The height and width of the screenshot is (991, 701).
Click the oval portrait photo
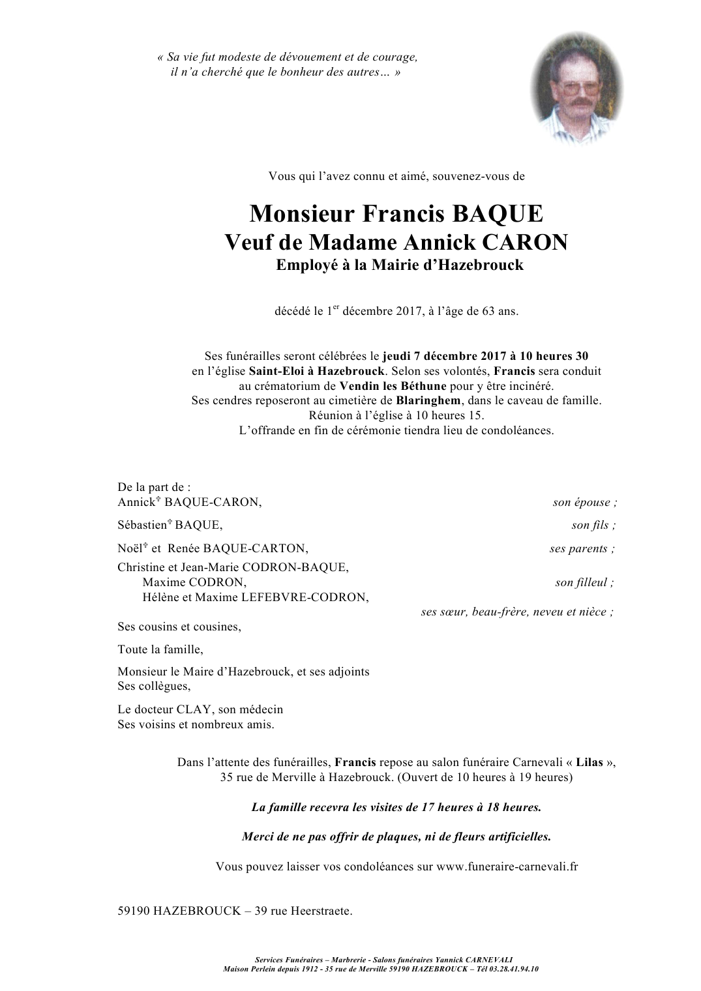[x=576, y=89]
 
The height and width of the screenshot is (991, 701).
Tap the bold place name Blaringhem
[x=428, y=400]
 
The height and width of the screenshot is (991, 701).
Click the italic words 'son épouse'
[x=582, y=502]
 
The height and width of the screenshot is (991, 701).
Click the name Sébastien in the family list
[x=142, y=525]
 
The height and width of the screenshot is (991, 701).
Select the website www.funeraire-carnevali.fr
[x=507, y=866]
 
